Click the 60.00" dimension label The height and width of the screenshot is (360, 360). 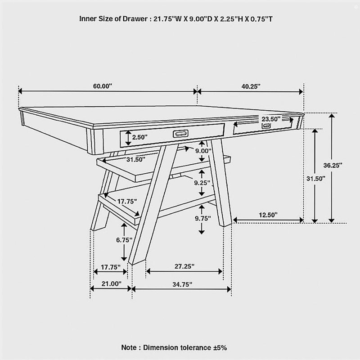[103, 86]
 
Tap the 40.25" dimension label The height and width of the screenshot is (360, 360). [251, 86]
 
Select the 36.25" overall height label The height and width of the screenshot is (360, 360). [333, 165]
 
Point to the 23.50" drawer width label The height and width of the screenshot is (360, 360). [271, 119]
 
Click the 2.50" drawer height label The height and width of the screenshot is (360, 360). [139, 137]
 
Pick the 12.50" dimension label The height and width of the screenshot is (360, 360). [268, 215]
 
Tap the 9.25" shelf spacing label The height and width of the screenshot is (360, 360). [202, 183]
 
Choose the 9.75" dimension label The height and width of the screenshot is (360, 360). [203, 218]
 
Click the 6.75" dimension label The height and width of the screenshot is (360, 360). [124, 240]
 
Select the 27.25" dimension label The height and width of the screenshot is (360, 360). [184, 266]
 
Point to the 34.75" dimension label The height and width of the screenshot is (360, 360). [182, 284]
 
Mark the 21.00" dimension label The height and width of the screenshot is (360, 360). [111, 283]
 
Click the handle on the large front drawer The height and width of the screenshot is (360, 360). [180, 133]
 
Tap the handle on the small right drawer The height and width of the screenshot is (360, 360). [266, 126]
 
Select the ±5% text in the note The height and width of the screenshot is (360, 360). [220, 347]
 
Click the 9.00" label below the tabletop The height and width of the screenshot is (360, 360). [203, 151]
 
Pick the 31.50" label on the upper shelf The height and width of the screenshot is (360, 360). [136, 159]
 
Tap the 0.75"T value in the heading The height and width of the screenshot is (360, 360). [261, 19]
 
